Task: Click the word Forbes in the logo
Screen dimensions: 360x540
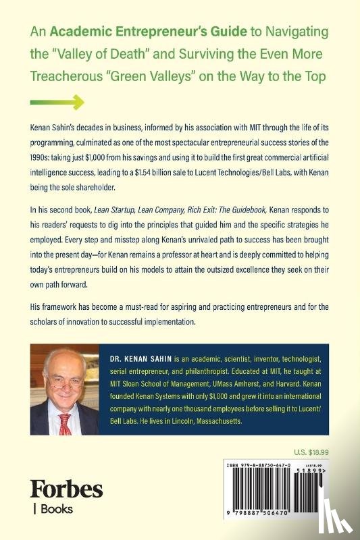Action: coord(66,489)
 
